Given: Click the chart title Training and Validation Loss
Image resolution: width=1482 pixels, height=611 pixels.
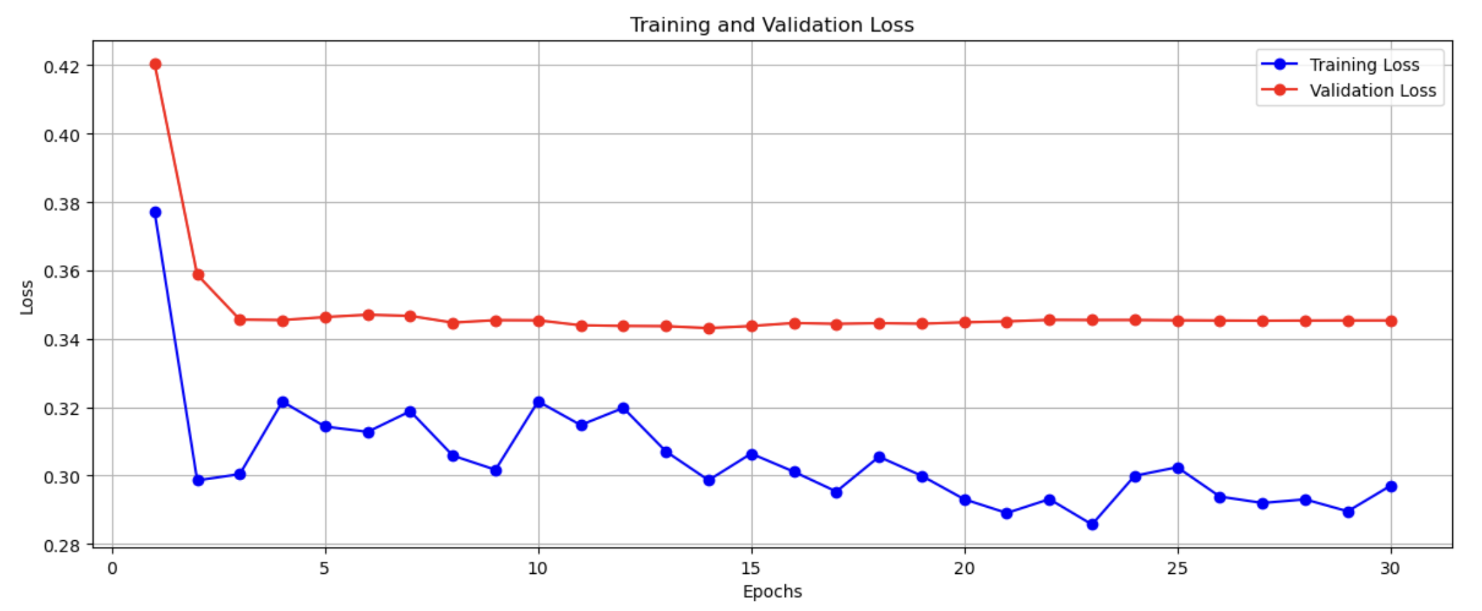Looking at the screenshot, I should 771,25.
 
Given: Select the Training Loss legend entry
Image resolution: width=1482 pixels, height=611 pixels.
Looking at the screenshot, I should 1363,65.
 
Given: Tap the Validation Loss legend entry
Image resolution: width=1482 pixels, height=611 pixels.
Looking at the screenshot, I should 1372,90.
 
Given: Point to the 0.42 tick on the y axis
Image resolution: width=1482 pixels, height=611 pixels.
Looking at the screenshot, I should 61,67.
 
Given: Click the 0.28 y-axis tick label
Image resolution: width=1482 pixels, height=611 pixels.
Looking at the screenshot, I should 61,546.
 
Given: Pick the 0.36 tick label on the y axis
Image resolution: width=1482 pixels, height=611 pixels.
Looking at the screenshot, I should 61,272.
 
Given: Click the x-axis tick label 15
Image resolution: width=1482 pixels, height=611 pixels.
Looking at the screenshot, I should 751,569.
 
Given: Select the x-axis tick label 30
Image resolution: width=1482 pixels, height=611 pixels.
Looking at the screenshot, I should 1390,569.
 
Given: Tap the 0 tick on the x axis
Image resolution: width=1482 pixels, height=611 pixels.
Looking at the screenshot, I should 113,569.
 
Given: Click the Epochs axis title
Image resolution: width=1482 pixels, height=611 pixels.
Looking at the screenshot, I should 772,591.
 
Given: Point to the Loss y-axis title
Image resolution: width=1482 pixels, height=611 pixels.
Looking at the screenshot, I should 27,297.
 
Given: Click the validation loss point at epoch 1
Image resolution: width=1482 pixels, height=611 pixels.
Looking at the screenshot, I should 155,65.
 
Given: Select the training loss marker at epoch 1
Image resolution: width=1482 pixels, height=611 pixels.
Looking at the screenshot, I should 155,212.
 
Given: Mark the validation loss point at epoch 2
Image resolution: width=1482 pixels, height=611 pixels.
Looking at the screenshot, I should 198,275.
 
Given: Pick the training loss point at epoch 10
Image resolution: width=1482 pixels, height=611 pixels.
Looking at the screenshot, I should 539,402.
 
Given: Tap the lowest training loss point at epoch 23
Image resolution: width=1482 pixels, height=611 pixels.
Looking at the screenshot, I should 1092,524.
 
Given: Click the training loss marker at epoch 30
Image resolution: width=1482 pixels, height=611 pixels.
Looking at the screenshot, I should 1391,486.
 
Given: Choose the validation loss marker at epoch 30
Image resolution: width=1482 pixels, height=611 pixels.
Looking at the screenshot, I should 1391,321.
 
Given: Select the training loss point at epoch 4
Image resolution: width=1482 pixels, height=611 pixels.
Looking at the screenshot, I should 283,402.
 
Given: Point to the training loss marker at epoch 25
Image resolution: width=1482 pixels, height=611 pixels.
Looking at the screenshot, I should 1178,468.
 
